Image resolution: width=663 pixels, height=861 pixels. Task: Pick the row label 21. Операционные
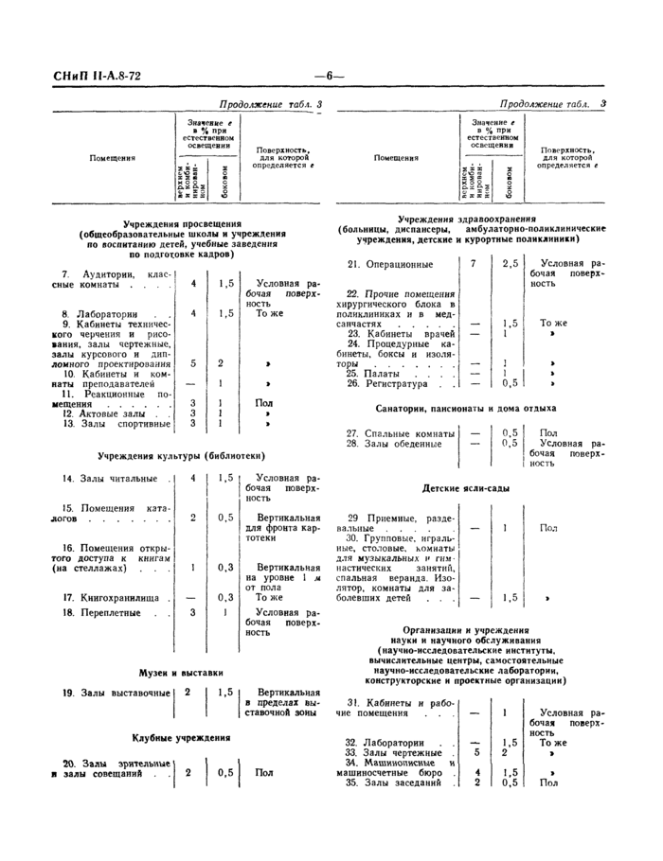(x=390, y=264)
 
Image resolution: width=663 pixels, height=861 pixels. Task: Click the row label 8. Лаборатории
(x=100, y=312)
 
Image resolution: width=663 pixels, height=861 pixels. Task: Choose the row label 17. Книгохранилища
(x=105, y=598)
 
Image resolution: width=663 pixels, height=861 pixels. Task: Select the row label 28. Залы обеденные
(x=387, y=443)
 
